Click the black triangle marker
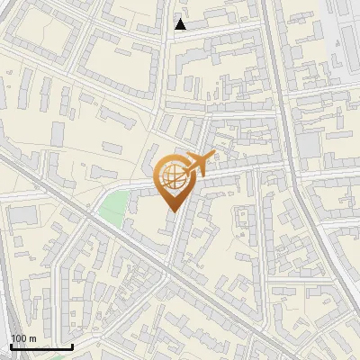pyautogui.click(x=181, y=24)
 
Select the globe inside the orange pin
pyautogui.click(x=171, y=178)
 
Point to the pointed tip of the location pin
pyautogui.click(x=172, y=211)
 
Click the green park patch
pyautogui.click(x=112, y=209)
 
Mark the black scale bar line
pyautogui.click(x=41, y=346)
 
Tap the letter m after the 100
pyautogui.click(x=32, y=338)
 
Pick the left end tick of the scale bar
pyautogui.click(x=11, y=345)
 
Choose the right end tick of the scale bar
pyautogui.click(x=72, y=345)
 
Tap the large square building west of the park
pyautogui.click(x=24, y=216)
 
